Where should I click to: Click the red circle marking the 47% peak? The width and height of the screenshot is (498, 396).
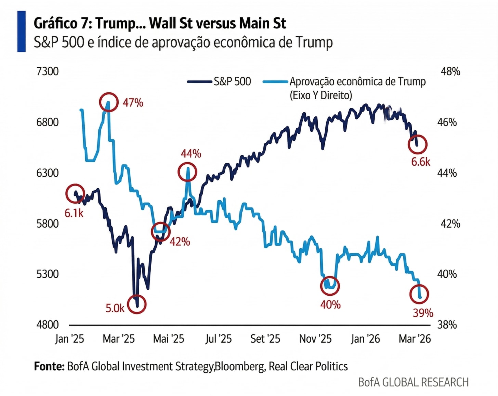click(109, 102)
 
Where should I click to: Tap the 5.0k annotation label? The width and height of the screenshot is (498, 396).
click(115, 308)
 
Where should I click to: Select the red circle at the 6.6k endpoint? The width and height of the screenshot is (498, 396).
click(418, 144)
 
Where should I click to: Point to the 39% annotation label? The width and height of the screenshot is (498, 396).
click(423, 313)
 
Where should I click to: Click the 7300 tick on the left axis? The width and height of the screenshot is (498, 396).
click(48, 72)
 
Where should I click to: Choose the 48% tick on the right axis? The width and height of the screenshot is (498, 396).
click(450, 72)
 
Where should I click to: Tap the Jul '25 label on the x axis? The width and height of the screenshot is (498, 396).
click(218, 339)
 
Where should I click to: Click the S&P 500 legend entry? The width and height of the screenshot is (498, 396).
click(232, 81)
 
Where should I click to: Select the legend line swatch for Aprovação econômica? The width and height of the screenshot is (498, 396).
click(275, 81)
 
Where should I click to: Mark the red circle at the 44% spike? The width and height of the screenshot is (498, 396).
click(187, 172)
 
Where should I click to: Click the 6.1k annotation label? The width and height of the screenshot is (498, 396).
click(74, 213)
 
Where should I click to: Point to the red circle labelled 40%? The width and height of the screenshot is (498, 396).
click(330, 285)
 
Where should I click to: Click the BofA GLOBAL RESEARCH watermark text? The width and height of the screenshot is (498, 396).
click(413, 382)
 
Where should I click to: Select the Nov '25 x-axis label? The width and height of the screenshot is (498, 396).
click(315, 339)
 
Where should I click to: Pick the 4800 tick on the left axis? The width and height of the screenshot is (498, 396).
click(48, 324)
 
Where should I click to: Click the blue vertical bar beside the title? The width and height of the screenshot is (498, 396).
click(21, 31)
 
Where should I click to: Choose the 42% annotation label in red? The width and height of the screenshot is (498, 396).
click(180, 242)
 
